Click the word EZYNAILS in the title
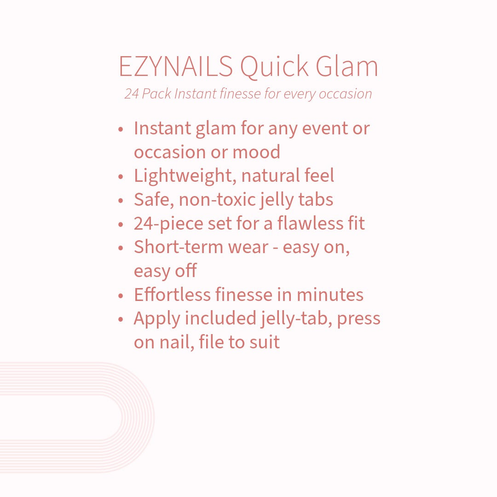(x=176, y=66)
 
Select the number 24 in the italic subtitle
(x=131, y=94)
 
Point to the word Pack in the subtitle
(x=156, y=94)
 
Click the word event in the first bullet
(x=324, y=128)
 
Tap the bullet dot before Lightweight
(x=121, y=177)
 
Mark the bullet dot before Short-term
(x=121, y=248)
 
